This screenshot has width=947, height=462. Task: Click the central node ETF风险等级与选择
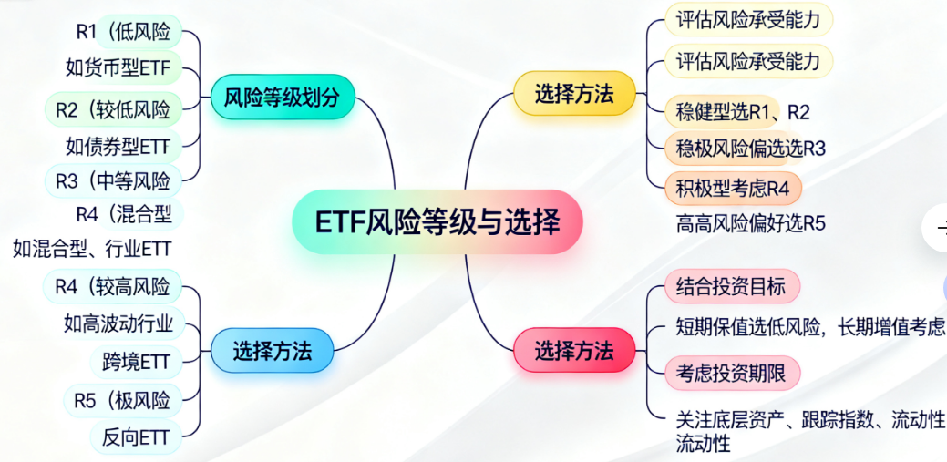pyautogui.click(x=437, y=221)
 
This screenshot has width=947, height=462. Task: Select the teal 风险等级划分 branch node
pyautogui.click(x=282, y=97)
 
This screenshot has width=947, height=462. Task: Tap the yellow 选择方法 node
pyautogui.click(x=574, y=94)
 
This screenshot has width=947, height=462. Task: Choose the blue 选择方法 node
pyautogui.click(x=273, y=350)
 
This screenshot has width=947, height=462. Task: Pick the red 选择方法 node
pyautogui.click(x=574, y=350)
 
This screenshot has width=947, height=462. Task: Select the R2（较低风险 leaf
pyautogui.click(x=114, y=109)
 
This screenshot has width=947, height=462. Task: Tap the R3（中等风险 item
pyautogui.click(x=114, y=180)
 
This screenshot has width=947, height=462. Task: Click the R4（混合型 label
pyautogui.click(x=125, y=213)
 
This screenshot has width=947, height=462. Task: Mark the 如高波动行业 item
pyautogui.click(x=118, y=323)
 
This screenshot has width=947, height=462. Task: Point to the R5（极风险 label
pyautogui.click(x=123, y=400)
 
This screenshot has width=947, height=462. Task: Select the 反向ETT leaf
pyautogui.click(x=136, y=437)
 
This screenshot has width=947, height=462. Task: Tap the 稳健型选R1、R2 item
pyautogui.click(x=742, y=112)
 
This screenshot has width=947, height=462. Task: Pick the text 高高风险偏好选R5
pyautogui.click(x=750, y=223)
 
